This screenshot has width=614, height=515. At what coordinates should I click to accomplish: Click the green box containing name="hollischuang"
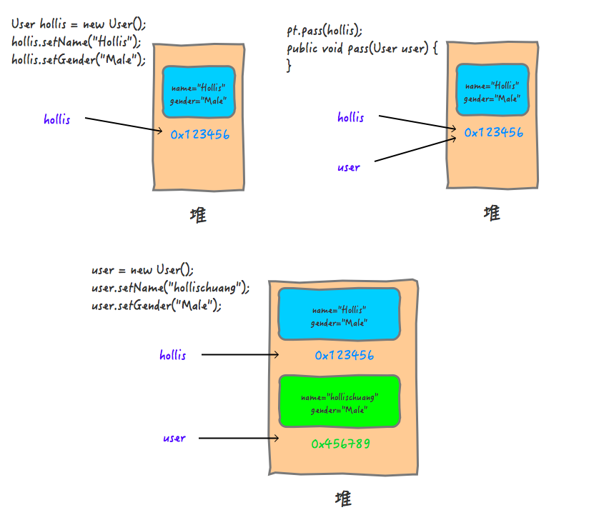[339, 402]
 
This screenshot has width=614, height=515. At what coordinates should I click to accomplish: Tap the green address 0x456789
[340, 444]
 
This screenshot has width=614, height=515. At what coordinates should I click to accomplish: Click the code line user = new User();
[142, 270]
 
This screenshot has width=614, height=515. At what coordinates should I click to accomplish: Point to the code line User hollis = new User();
[79, 24]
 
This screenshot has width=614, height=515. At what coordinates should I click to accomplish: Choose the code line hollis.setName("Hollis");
[76, 41]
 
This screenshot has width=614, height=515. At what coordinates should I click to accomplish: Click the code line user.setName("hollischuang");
[170, 288]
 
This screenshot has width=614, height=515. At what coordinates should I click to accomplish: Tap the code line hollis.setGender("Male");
[78, 60]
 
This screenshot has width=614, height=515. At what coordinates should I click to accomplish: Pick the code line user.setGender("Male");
[157, 306]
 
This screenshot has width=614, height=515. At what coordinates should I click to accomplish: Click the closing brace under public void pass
[289, 66]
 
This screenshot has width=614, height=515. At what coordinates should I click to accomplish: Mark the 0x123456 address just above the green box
[344, 355]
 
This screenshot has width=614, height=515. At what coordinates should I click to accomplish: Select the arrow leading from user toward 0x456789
[237, 438]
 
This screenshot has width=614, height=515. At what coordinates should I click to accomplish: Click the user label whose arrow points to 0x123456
[349, 168]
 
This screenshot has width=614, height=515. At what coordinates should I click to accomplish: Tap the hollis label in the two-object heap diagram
[173, 355]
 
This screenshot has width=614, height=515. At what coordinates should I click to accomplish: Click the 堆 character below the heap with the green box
[343, 497]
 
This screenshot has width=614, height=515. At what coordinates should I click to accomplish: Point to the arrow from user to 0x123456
[415, 149]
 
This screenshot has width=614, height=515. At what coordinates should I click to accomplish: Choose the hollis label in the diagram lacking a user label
[57, 119]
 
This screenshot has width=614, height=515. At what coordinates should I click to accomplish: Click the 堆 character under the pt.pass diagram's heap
[492, 212]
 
